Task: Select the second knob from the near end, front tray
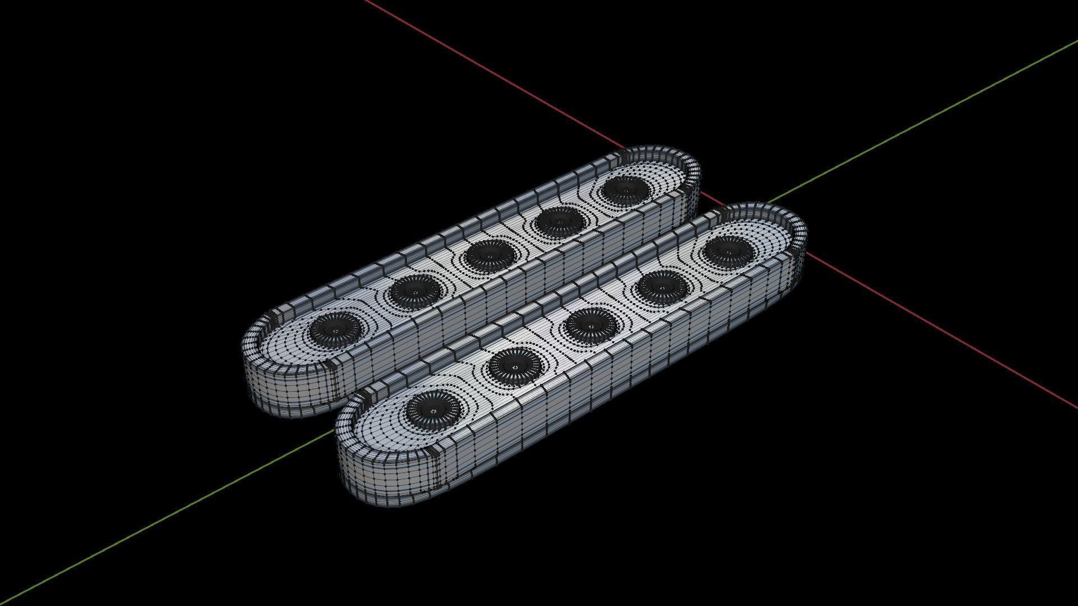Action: (x=514, y=365)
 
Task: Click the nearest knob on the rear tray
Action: (x=335, y=328)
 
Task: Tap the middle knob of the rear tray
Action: (x=491, y=255)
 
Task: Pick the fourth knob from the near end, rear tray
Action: (x=559, y=221)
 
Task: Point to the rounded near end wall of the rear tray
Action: (x=281, y=393)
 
